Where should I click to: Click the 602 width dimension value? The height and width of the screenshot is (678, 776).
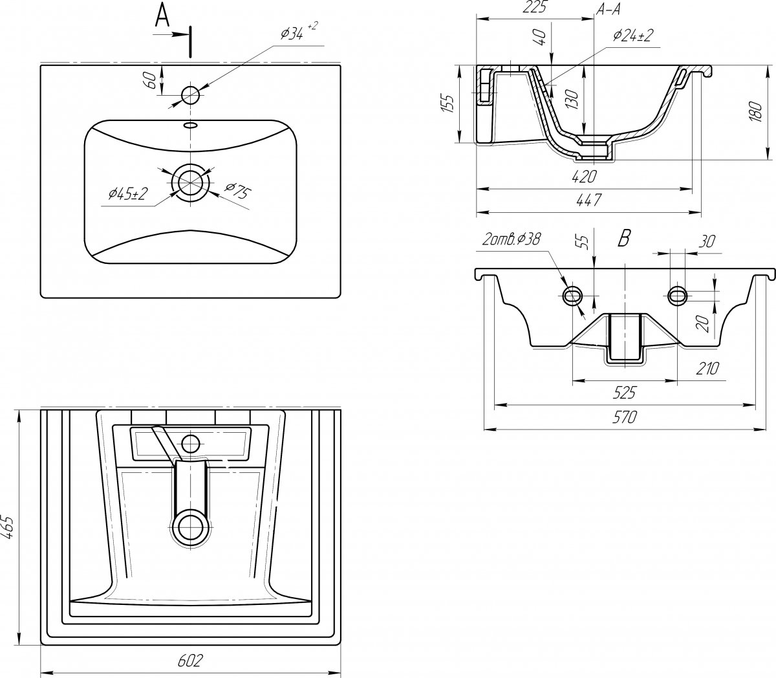point(190,660)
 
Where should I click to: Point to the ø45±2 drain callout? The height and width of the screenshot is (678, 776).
point(128,194)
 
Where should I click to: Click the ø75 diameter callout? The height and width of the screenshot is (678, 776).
point(237,190)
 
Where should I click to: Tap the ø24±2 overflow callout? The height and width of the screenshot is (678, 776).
point(632,36)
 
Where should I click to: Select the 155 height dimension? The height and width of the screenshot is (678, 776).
point(448,104)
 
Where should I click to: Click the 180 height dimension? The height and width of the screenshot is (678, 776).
point(756,111)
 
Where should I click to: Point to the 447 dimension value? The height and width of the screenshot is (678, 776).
point(588,199)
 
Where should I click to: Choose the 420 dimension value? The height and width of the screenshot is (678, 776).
point(584,177)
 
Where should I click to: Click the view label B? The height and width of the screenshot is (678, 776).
point(624,238)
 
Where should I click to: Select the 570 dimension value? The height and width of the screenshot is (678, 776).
point(624,417)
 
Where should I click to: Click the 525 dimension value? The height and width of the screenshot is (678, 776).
point(624,393)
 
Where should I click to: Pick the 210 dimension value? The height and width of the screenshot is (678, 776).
point(707,368)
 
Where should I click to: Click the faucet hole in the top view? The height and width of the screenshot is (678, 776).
point(190,94)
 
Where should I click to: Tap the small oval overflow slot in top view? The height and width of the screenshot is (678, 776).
point(190,124)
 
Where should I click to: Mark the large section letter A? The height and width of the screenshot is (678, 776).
point(162,15)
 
